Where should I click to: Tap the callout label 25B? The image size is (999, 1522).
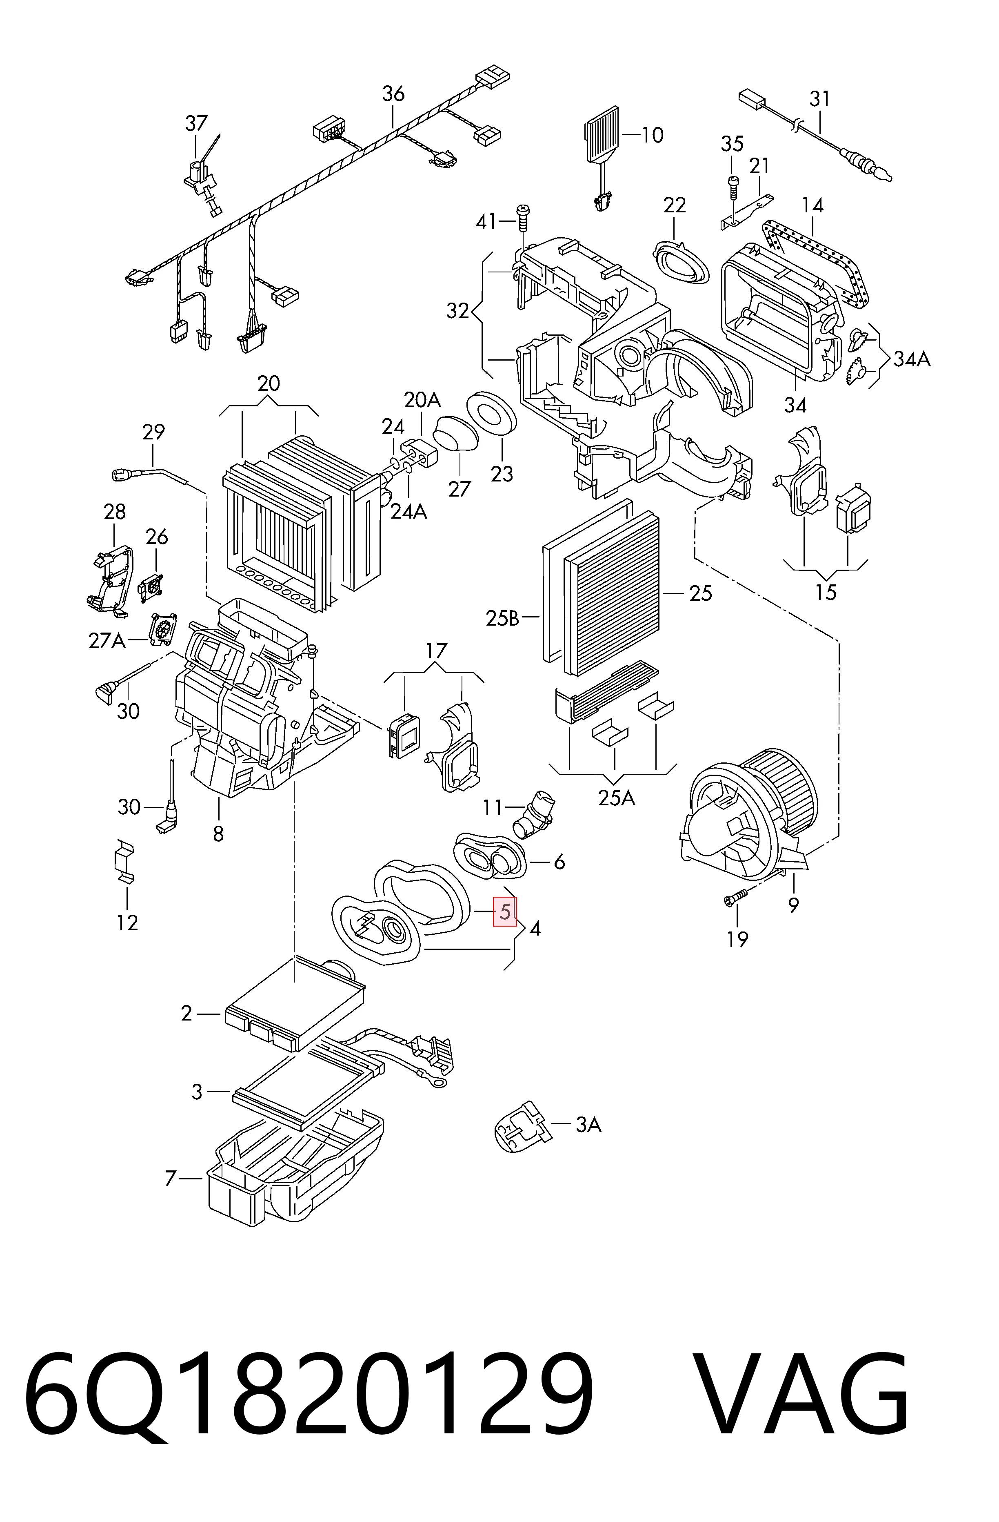coord(502,618)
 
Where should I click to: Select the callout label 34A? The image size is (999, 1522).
coord(911,360)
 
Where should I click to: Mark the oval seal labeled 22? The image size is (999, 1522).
coord(682,261)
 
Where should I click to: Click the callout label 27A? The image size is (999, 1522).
coord(107,641)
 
